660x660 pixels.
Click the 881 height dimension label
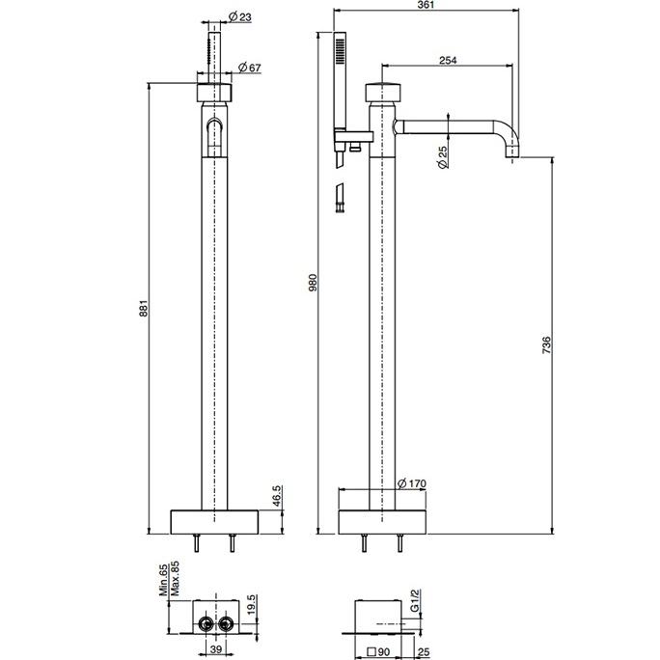(144, 308)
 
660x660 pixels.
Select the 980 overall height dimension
(313, 282)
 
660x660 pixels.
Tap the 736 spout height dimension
(546, 345)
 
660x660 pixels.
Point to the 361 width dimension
(426, 5)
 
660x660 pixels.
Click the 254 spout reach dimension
(448, 60)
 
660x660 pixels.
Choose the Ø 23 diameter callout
(239, 16)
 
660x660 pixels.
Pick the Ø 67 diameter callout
(250, 68)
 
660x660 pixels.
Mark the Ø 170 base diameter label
(412, 483)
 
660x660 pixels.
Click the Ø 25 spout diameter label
(443, 157)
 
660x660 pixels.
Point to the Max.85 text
(175, 578)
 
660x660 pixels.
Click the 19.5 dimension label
(251, 604)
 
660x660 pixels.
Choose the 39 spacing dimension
(216, 649)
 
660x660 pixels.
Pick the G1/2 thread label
(415, 600)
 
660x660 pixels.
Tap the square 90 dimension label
(378, 652)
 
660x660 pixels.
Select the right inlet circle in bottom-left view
(227, 623)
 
